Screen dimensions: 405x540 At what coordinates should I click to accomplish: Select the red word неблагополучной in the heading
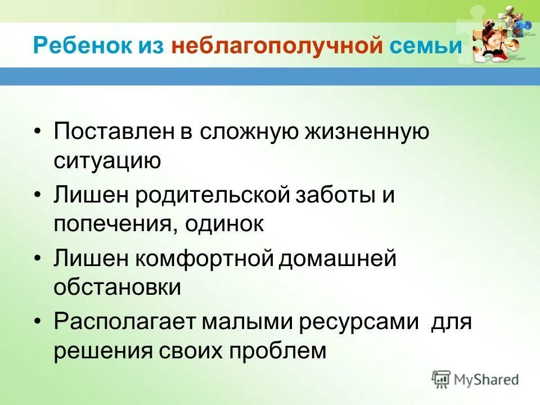coord(277,46)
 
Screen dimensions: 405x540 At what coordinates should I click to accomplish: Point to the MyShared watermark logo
coord(475,379)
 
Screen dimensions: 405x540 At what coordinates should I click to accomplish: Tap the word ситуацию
coord(107,161)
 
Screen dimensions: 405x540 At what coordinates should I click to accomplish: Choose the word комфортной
coord(206,260)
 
